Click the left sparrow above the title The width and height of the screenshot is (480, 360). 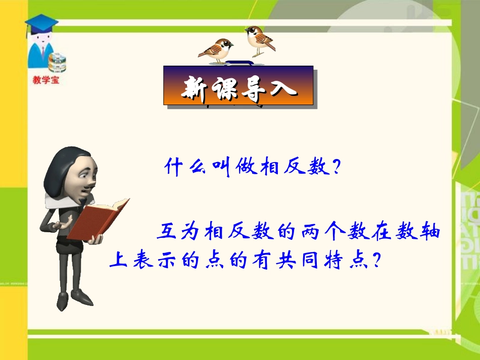coord(216,50)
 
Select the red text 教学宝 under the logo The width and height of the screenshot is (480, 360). coord(45,79)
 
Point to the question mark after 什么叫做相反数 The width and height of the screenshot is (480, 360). coord(333,167)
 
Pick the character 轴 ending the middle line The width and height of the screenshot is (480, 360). coord(430,233)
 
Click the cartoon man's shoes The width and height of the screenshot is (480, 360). coord(76,301)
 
